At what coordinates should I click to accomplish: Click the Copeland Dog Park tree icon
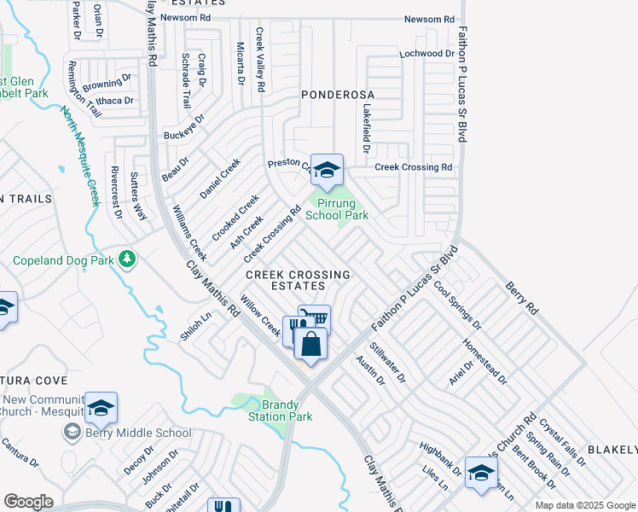click(127, 258)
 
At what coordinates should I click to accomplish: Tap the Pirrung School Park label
click(337, 209)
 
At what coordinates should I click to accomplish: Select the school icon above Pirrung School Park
click(327, 171)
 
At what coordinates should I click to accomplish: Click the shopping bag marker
click(311, 345)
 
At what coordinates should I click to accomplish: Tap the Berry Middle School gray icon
click(71, 433)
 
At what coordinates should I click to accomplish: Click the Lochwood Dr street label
click(427, 54)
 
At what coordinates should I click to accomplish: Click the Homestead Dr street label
click(484, 364)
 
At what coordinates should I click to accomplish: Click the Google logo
click(28, 502)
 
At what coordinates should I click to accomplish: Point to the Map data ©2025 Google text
click(584, 505)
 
